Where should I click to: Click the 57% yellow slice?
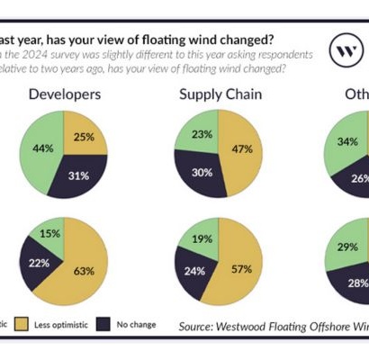pos(239,267)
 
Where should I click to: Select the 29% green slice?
pos(343,247)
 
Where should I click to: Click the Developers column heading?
pos(65,94)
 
